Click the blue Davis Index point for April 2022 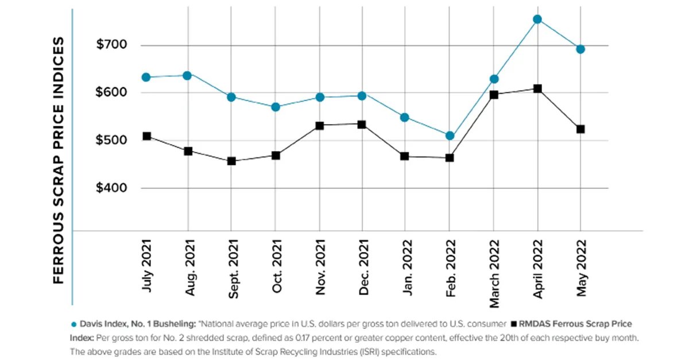[537, 20]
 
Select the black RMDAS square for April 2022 [537, 89]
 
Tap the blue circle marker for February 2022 [450, 136]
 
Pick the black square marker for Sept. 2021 [231, 161]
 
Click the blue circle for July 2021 [146, 78]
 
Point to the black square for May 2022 [580, 129]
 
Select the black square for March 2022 [493, 95]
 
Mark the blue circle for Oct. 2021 [275, 107]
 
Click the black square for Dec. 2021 [362, 125]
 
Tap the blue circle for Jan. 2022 [405, 118]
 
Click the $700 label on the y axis [111, 45]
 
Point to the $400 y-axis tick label [111, 188]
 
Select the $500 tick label [111, 141]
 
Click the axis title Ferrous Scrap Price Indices [59, 161]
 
